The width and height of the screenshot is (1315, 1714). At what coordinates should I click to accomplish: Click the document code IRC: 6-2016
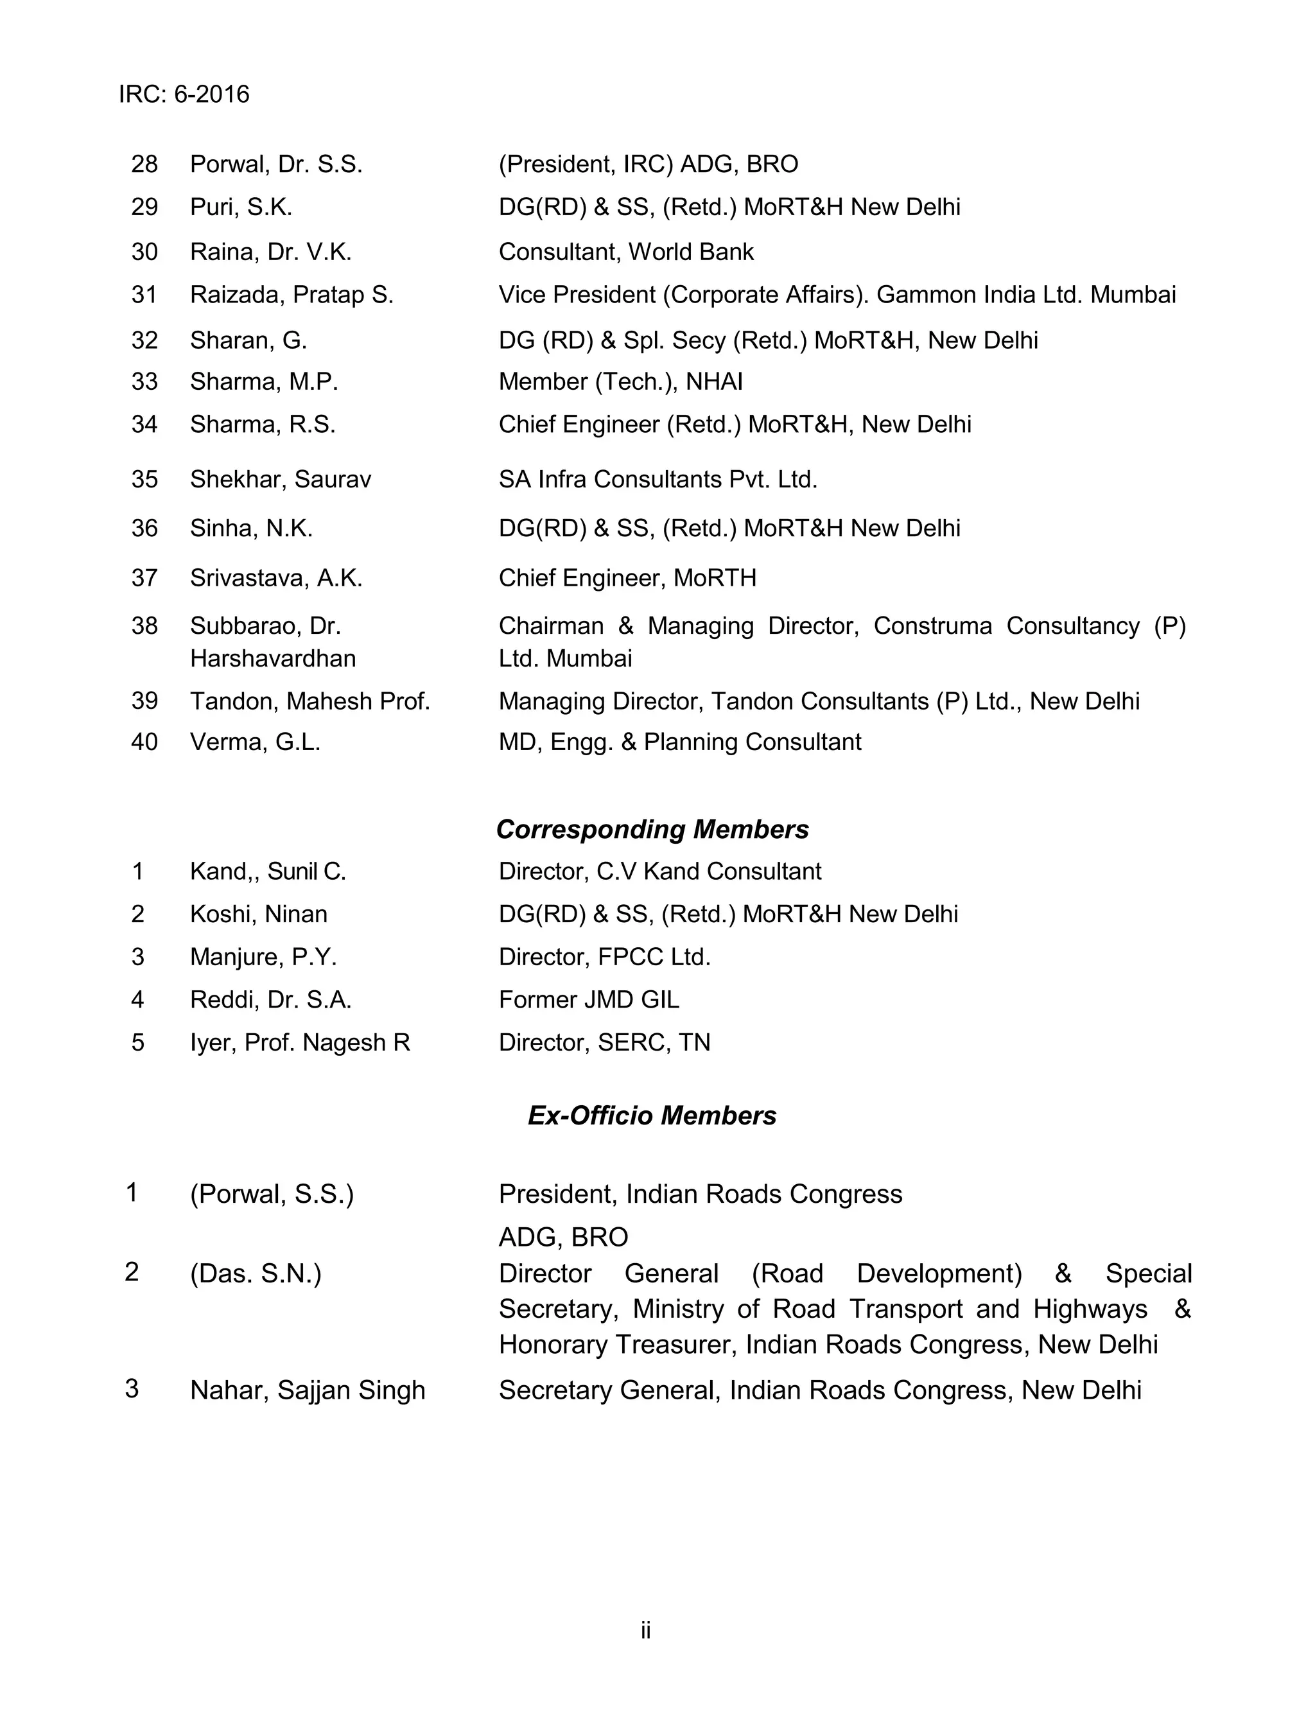(184, 94)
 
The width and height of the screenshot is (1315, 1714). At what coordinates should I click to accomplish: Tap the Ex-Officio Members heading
(652, 1115)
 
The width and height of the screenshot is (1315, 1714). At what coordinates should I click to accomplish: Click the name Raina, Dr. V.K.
(271, 252)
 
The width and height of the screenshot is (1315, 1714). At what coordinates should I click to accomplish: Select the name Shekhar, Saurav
(280, 479)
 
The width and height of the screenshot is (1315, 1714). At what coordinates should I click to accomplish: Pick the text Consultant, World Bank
(626, 252)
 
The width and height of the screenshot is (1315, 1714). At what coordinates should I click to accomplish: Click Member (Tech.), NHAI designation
(621, 382)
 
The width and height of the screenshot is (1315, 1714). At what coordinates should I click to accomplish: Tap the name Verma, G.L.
(255, 742)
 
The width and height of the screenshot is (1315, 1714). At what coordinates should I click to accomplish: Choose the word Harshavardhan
(272, 659)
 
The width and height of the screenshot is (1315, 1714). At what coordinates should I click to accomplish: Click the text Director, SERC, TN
(604, 1042)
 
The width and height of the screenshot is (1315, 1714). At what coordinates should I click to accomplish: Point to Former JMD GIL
(589, 999)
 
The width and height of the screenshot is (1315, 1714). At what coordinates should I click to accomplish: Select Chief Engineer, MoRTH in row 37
(628, 579)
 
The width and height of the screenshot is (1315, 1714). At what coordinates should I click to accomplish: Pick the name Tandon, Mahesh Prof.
(310, 701)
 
